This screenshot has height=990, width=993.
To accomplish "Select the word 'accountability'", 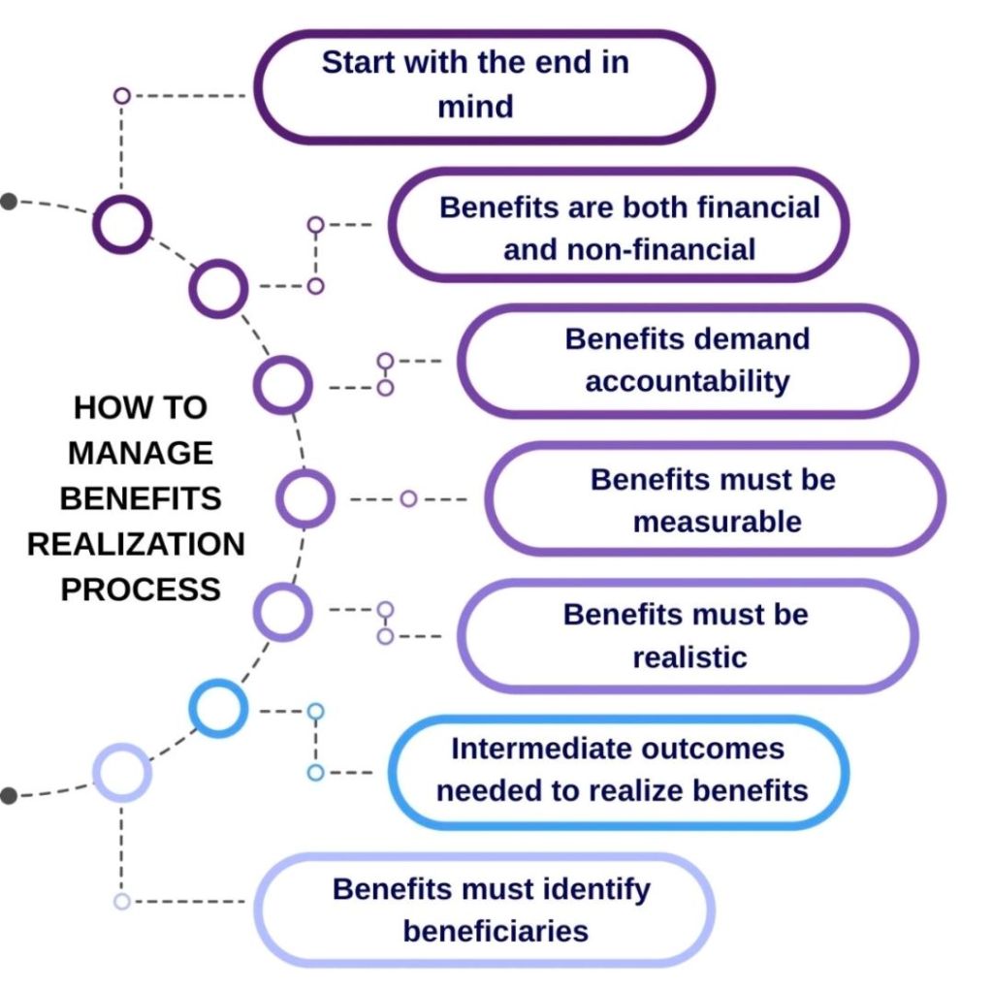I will pos(687,381).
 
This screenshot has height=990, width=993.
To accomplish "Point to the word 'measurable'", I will pos(717,522).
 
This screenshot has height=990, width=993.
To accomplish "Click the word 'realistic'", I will pos(689,657).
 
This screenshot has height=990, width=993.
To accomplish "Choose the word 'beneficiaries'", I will pos(496,932).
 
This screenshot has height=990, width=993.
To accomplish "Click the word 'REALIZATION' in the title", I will pos(136,544).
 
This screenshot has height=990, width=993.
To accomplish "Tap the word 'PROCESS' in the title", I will pos(141,590).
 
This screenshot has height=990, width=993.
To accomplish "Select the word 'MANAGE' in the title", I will pos(141,453).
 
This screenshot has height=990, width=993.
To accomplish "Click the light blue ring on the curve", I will pos(218,708).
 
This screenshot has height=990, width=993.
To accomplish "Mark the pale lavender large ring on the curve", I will pos(122,773).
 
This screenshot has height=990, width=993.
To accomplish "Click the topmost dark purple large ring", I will pos(122,224).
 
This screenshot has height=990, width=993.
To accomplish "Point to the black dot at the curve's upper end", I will pos(9,202).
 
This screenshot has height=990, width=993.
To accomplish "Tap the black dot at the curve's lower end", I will pos(9,796).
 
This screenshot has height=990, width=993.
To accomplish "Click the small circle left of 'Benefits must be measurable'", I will pos(408,498).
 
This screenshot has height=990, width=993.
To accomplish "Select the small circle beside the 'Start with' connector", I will pos(121,95).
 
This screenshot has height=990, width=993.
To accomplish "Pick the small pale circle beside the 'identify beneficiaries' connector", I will pos(121,902).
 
